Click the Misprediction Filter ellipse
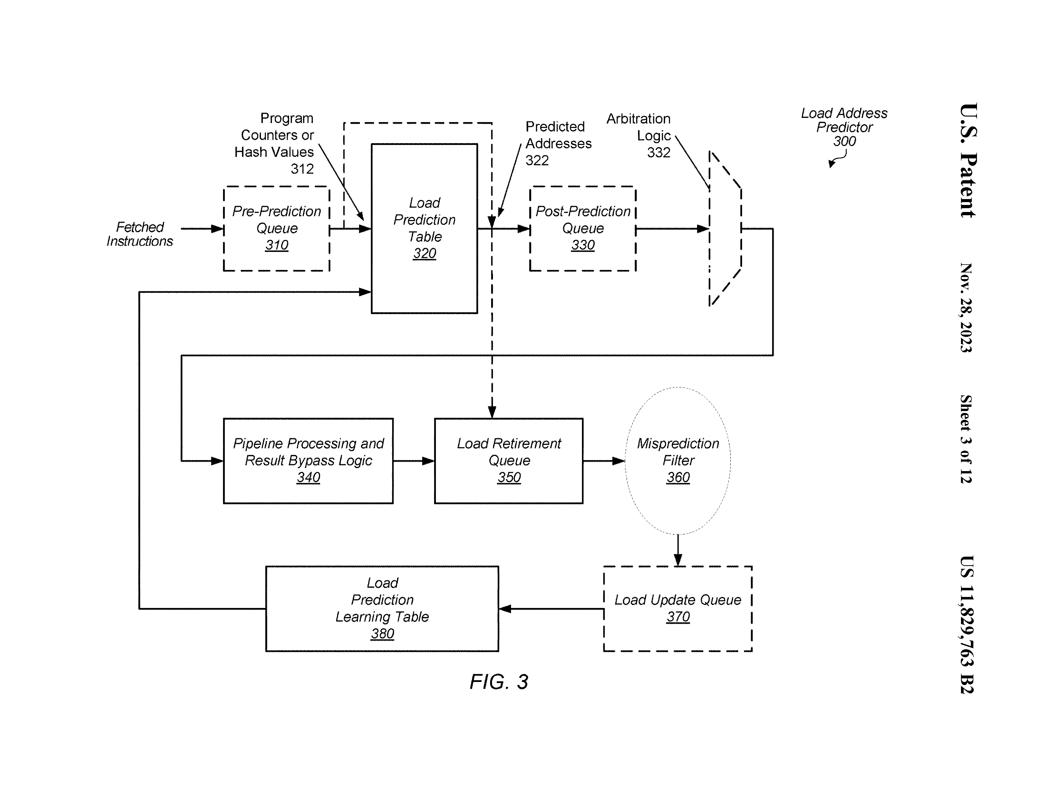678,460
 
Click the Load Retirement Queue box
509,460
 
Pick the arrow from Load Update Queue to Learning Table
551,609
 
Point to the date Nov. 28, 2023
966,308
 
